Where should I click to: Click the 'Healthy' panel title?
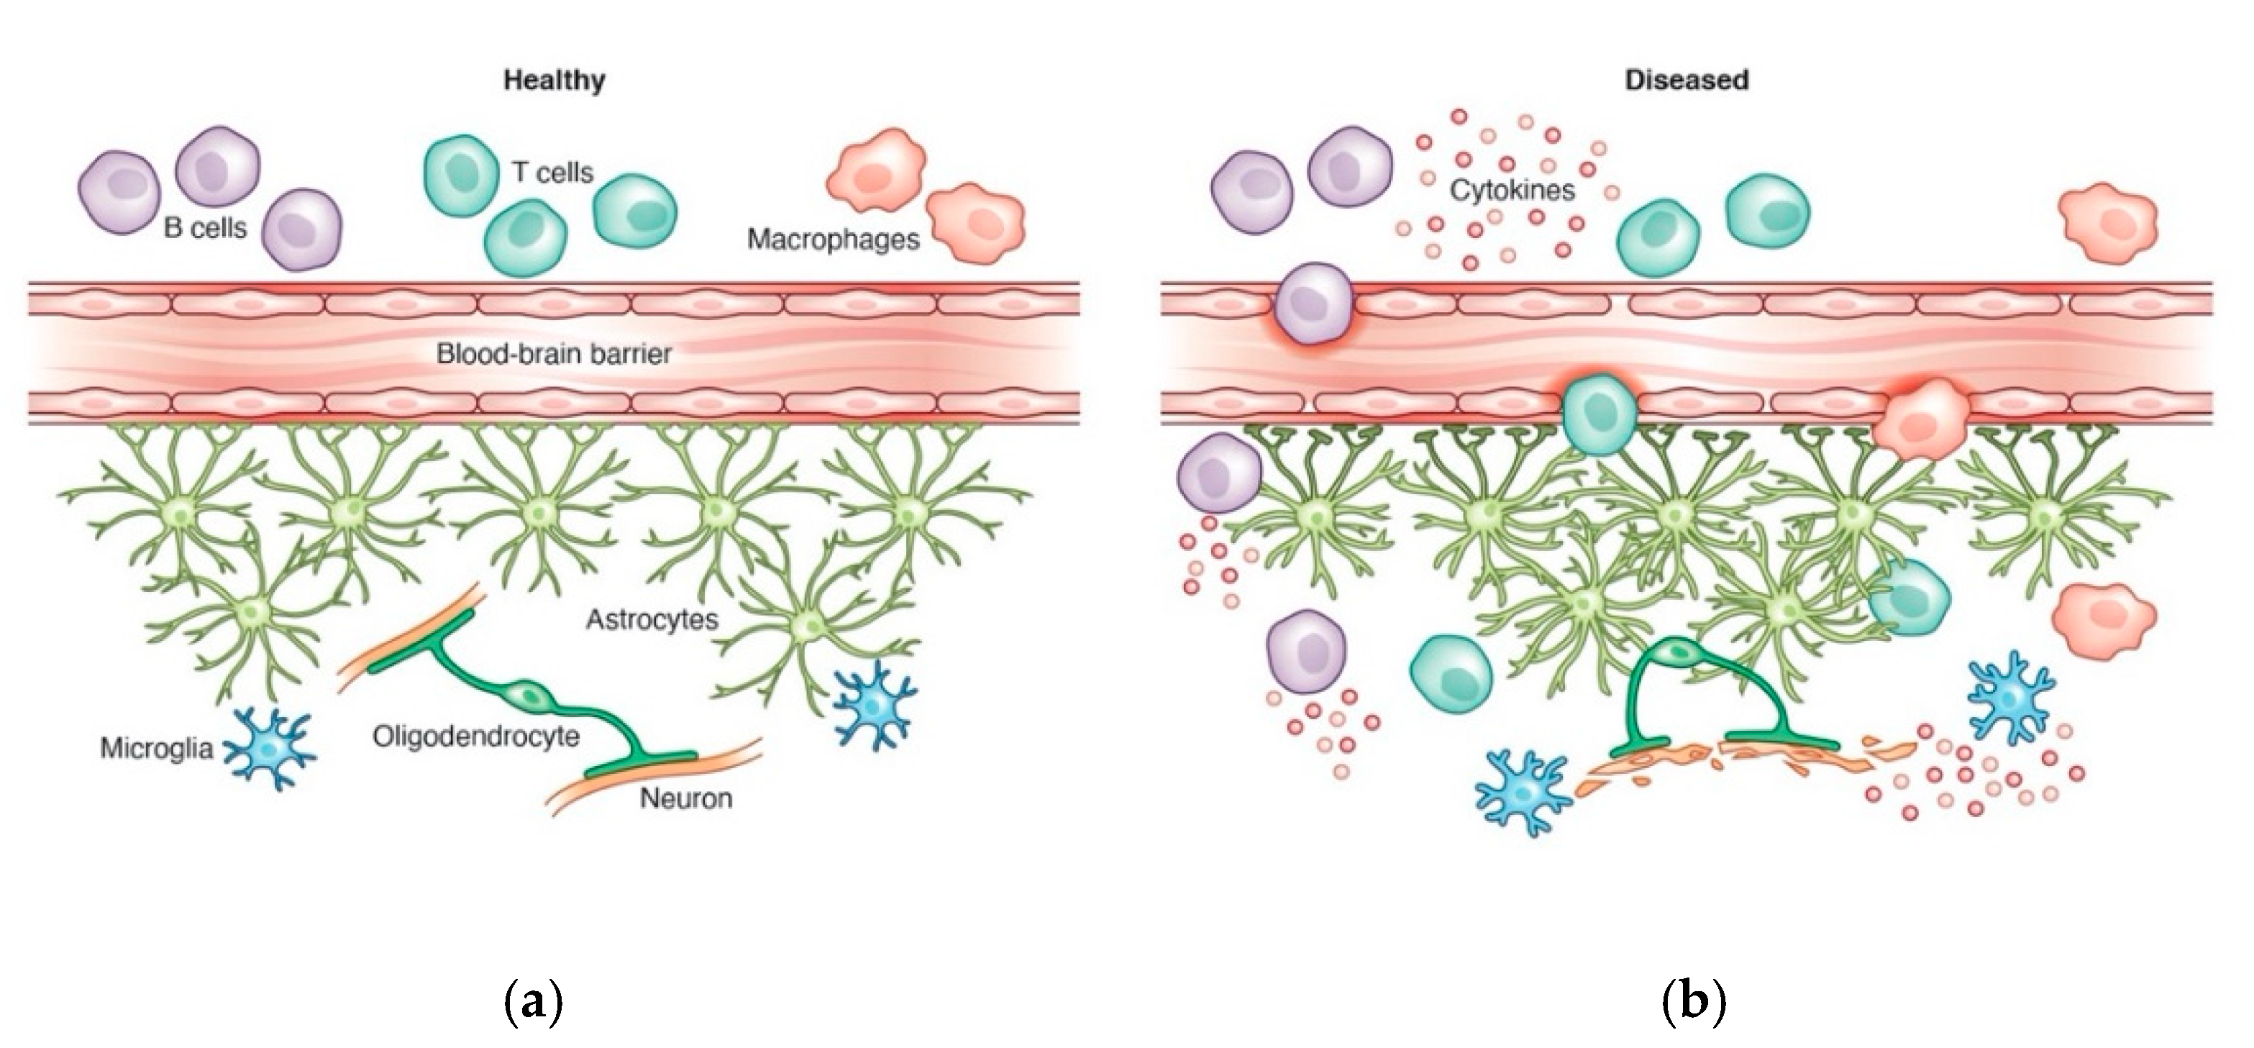[x=554, y=81]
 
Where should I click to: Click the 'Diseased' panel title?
[x=1686, y=81]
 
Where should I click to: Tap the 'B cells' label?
[x=205, y=228]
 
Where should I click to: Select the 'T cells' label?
[x=552, y=173]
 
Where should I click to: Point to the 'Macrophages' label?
[x=833, y=239]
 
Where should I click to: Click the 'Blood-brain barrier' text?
[x=554, y=355]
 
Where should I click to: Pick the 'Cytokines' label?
[x=1512, y=190]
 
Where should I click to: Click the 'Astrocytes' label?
[x=652, y=620]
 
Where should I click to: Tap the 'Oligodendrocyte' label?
[x=476, y=737]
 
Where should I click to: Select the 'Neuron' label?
[x=686, y=798]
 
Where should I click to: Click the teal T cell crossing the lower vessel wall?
[x=1599, y=413]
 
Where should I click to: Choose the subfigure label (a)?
[x=533, y=1001]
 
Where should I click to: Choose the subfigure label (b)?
[x=1692, y=1001]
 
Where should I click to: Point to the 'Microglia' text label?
[x=157, y=749]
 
